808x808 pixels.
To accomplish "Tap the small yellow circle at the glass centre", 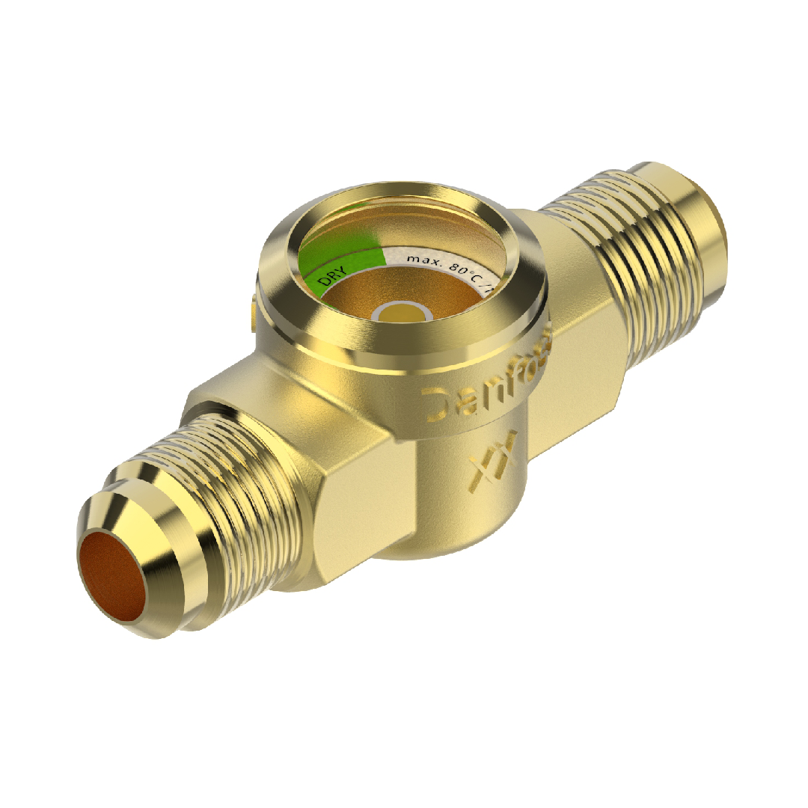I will click(x=403, y=313).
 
